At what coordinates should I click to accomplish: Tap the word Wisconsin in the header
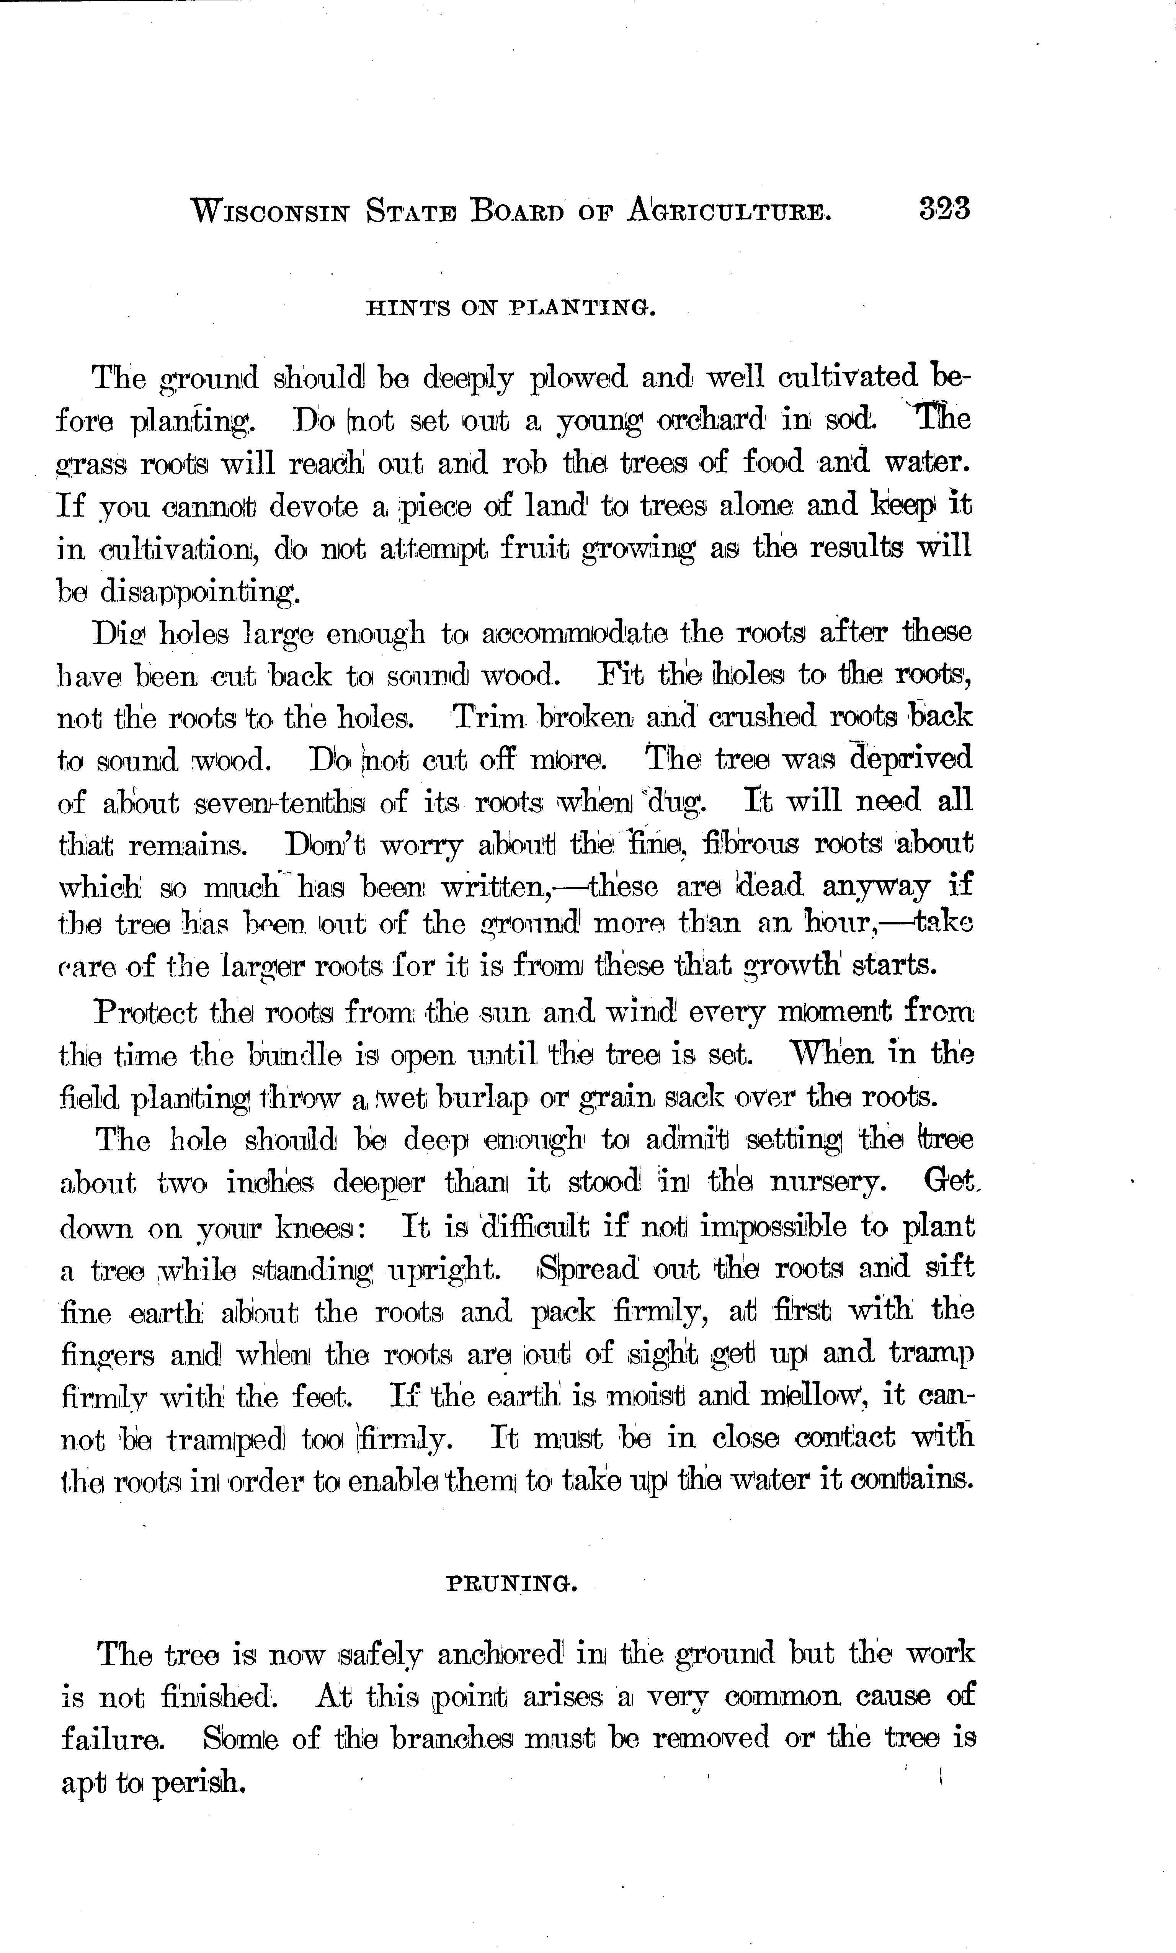pyautogui.click(x=269, y=212)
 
